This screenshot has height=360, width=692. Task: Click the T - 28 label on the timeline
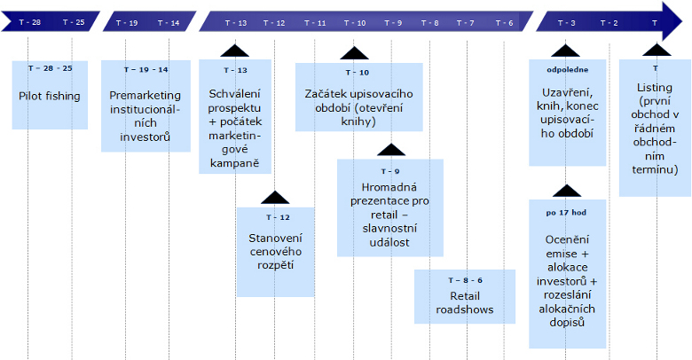29,22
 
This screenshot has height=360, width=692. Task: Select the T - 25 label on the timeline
74,22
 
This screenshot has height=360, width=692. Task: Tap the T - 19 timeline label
127,22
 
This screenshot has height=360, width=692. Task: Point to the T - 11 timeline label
314,22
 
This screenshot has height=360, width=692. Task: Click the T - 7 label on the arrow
465,22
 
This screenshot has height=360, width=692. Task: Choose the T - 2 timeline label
609,22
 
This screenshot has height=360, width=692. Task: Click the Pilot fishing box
50,95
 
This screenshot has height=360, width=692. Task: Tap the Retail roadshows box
465,296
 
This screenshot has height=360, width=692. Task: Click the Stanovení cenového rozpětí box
275,252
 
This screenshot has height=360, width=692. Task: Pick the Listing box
655,128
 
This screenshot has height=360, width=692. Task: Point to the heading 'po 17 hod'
565,214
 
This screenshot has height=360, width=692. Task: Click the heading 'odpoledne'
565,68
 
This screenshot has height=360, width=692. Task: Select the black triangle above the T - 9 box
390,150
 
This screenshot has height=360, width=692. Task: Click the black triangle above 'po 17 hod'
565,191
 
